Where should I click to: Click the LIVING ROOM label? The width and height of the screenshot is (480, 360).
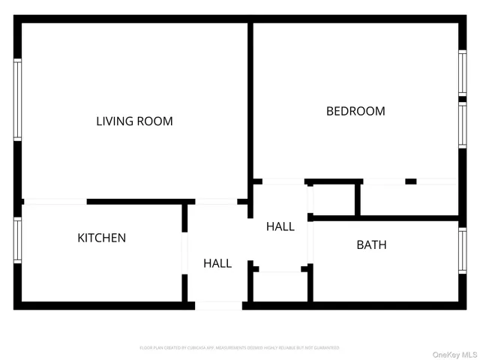(x=134, y=121)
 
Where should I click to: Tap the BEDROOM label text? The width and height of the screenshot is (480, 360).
(x=355, y=111)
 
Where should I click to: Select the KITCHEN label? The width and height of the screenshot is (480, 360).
(x=102, y=238)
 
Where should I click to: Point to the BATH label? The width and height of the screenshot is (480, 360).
(x=371, y=244)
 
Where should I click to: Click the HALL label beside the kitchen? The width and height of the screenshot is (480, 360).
(x=217, y=263)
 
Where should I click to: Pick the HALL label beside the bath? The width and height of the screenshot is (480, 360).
(x=280, y=226)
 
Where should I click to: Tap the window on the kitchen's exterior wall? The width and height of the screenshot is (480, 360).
(x=17, y=239)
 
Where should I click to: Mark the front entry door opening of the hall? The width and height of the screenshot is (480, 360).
(x=218, y=305)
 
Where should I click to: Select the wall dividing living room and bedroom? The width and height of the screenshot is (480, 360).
(x=250, y=105)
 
